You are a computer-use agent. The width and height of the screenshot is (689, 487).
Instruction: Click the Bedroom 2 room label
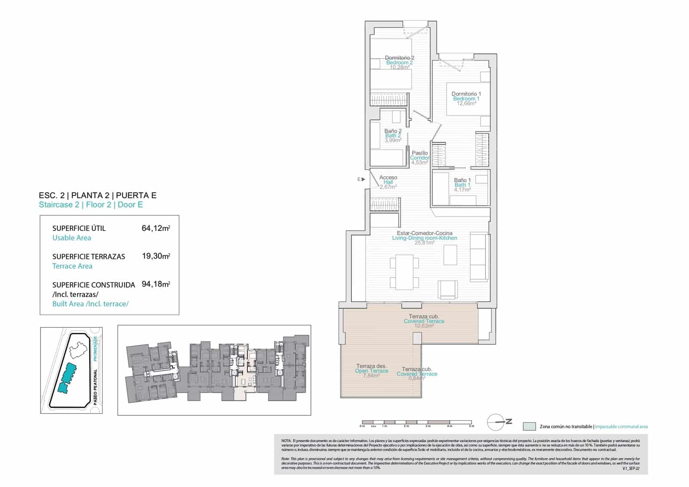point(399,63)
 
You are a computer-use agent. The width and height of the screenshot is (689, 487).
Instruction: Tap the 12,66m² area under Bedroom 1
point(466,104)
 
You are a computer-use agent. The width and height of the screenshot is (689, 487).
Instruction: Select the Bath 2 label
point(393,136)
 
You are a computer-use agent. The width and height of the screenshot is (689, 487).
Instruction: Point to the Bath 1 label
point(462,185)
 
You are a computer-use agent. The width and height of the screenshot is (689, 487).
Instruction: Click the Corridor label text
point(419,158)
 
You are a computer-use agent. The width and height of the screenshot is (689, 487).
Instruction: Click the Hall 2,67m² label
point(388,182)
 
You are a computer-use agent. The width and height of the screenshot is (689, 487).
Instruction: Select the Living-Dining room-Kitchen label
point(424,238)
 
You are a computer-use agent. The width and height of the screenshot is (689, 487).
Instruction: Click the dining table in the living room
point(404,272)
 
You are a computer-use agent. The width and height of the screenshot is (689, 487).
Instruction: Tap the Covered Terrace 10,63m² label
point(424,321)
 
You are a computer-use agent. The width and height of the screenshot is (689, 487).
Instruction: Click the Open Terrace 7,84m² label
point(371,371)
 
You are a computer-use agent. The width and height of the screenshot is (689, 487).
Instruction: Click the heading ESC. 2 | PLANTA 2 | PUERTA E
point(97,195)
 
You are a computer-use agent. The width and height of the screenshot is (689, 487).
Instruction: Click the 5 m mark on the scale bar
point(472,426)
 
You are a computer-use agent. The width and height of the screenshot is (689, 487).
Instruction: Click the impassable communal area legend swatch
point(529,427)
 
